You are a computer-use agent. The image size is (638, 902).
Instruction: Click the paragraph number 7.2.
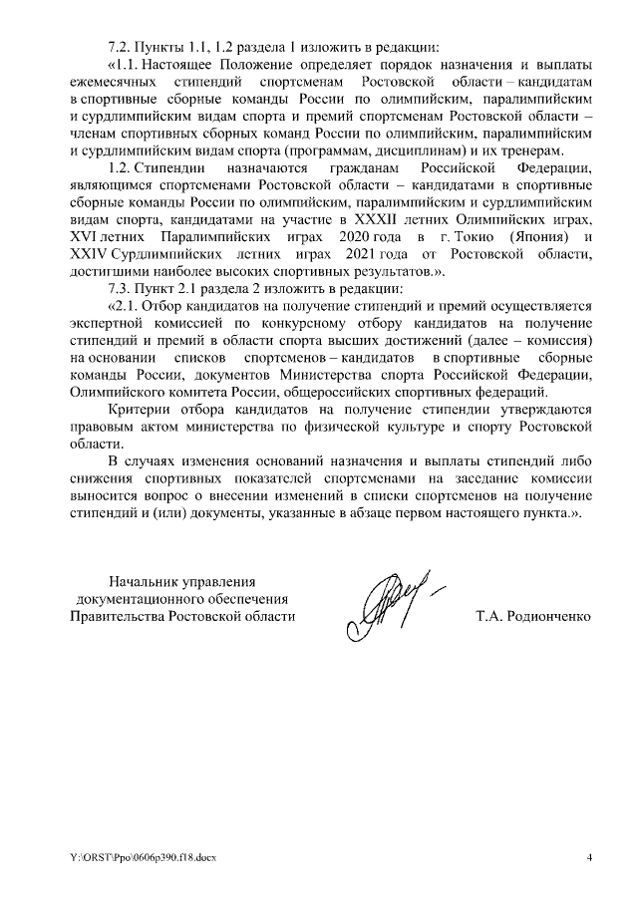[x=121, y=47]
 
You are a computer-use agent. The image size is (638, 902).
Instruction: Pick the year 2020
[x=339, y=236]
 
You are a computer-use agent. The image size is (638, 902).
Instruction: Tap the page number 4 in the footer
[x=589, y=857]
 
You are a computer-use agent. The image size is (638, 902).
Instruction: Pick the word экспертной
[x=111, y=322]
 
